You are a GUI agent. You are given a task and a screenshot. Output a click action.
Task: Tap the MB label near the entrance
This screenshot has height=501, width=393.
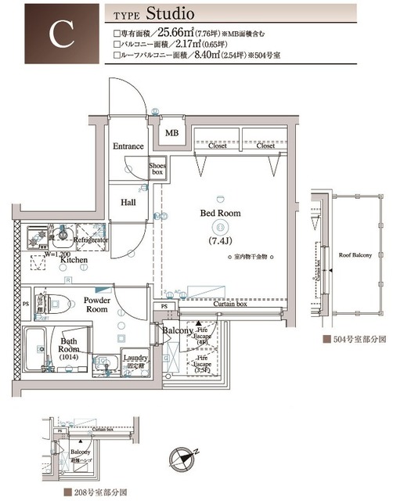pos(171,134)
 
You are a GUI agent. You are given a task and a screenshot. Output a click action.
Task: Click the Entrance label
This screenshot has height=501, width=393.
pos(128,146)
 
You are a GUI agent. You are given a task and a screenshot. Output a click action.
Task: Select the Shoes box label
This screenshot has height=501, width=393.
pos(158,169)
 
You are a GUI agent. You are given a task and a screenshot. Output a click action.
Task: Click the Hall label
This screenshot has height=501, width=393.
pos(128,202)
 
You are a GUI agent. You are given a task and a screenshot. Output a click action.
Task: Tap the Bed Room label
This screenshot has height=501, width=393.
pos(220,213)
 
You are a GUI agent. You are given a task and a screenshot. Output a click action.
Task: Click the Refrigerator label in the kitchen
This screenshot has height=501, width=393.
pos(91,241)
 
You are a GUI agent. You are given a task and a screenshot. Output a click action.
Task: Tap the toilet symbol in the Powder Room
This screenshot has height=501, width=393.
pos(52,301)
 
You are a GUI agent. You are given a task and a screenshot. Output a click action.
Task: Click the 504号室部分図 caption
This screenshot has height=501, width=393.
pos(355,341)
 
